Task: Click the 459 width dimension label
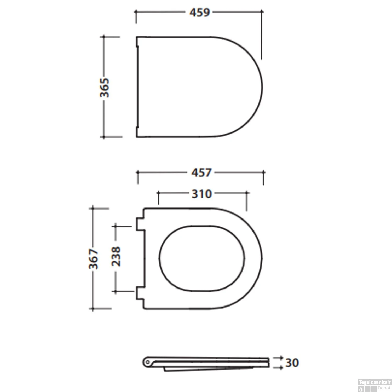(200, 12)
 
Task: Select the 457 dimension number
(201, 173)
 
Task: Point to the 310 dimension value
(201, 194)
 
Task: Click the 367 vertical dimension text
(93, 259)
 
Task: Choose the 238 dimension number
(116, 256)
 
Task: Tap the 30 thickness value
(292, 363)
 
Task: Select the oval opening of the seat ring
(202, 258)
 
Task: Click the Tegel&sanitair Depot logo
(374, 385)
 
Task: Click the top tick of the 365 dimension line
(104, 37)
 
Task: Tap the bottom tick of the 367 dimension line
(93, 309)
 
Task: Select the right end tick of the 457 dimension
(263, 172)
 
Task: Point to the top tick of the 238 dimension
(116, 226)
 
